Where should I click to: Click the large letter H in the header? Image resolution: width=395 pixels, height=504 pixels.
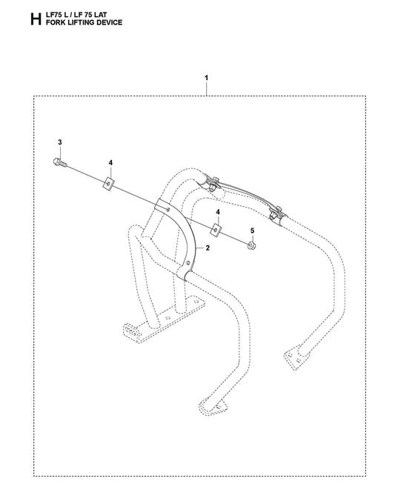(x=36, y=19)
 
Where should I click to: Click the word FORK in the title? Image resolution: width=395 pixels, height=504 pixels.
(x=54, y=22)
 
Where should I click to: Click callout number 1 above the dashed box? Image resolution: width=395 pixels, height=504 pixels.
(x=206, y=78)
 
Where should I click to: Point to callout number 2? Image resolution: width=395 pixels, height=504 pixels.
(x=208, y=248)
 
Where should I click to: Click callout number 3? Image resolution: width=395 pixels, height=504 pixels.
(x=60, y=142)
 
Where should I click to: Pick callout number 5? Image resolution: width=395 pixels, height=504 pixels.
(x=252, y=231)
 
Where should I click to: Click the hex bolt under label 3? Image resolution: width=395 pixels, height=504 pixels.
(x=60, y=162)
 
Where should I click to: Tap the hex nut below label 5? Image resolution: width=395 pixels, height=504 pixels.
(x=252, y=246)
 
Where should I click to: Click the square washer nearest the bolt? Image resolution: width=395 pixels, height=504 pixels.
(x=109, y=184)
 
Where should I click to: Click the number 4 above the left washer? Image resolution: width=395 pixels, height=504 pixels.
(x=110, y=163)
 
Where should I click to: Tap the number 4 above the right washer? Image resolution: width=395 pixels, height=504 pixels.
(x=218, y=212)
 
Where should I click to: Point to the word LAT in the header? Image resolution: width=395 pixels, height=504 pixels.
(x=101, y=15)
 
